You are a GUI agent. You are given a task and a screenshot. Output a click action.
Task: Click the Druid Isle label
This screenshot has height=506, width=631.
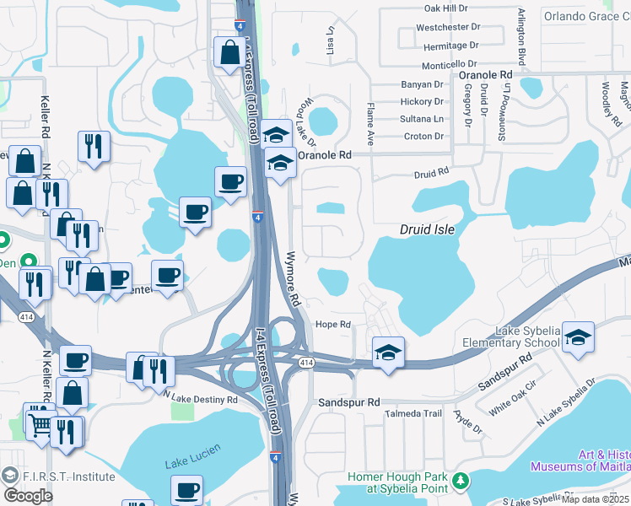(x=432, y=229)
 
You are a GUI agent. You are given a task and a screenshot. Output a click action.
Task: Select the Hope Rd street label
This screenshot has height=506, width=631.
(x=333, y=325)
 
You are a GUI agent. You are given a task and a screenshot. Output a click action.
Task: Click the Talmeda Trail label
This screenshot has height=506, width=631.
(x=414, y=413)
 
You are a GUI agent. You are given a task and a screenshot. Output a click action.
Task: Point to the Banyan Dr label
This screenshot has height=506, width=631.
(x=422, y=84)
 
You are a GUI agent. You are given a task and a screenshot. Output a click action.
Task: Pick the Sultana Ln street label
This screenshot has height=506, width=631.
(x=421, y=119)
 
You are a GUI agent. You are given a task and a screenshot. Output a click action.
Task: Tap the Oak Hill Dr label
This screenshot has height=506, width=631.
(x=445, y=8)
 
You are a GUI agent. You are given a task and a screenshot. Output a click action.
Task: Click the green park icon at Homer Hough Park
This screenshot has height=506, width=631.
(x=461, y=481)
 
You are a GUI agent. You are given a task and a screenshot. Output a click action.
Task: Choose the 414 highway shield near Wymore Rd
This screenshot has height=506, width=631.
(x=305, y=362)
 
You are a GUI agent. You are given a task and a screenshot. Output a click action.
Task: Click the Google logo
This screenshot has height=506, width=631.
(x=28, y=496)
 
